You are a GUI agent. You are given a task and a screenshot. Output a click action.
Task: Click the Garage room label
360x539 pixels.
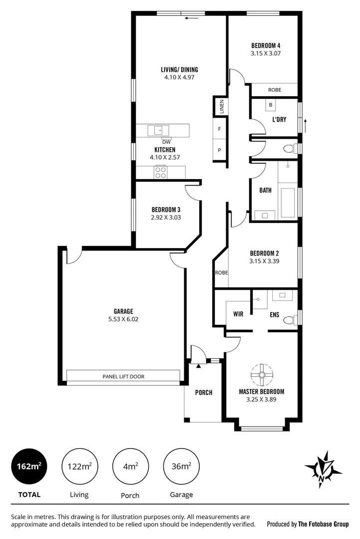[123, 311]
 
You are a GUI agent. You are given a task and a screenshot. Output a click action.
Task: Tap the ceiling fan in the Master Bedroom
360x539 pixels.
[261, 374]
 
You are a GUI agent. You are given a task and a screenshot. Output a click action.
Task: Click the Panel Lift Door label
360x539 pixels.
[123, 377]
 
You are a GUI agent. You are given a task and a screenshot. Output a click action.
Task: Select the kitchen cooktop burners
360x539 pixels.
[160, 173]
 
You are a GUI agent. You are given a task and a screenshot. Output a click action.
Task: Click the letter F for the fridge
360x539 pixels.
[219, 129]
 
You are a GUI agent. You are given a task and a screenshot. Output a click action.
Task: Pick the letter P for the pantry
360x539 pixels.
[219, 150]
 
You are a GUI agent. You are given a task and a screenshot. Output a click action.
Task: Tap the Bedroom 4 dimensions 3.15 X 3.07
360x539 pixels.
[265, 52]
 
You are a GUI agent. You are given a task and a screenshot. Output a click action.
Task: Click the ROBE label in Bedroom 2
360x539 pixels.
[221, 272]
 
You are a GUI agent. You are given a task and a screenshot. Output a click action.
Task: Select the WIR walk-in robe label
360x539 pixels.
[238, 314]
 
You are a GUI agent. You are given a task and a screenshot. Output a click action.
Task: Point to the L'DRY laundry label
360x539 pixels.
[279, 120]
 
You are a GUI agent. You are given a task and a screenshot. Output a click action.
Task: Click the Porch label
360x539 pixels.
[204, 392]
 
